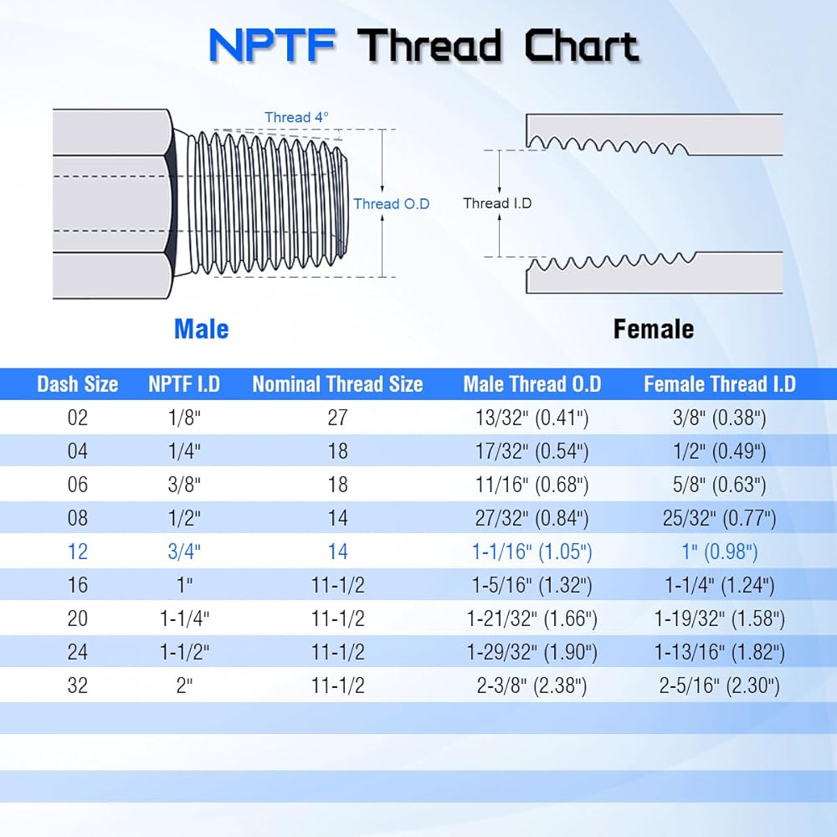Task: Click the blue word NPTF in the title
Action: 272,45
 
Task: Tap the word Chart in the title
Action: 582,45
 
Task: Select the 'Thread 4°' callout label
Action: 296,117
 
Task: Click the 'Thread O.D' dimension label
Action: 391,204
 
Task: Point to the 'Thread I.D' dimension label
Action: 497,203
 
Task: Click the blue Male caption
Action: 201,329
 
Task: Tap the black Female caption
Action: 654,329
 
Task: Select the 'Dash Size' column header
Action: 77,384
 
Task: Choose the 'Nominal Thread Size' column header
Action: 337,384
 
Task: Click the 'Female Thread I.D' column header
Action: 720,384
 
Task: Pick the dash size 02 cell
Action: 77,418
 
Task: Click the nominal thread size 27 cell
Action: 337,418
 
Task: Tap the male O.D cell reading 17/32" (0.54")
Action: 531,452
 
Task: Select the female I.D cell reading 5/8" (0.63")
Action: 720,485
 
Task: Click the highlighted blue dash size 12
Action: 77,552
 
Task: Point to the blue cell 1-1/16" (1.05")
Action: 531,552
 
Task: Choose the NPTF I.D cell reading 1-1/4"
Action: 184,619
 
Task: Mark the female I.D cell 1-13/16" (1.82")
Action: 720,652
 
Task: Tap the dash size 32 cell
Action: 77,686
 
